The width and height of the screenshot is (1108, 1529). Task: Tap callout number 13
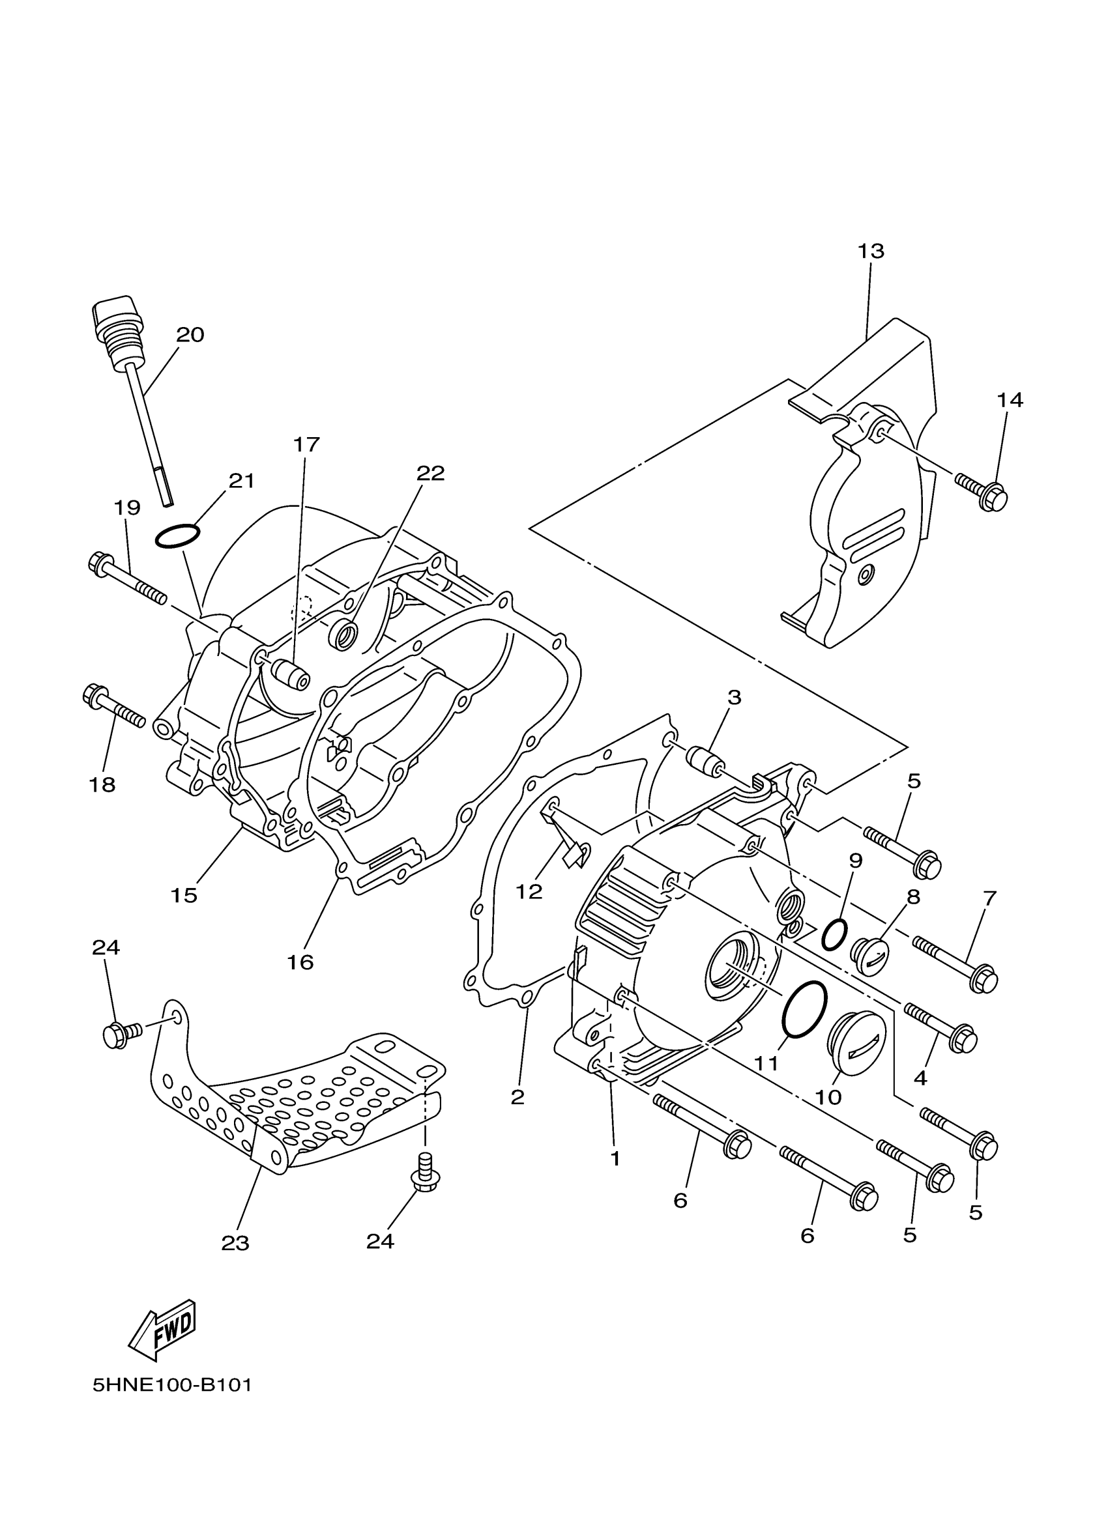pos(871,251)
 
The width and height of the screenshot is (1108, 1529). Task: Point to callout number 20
pos(190,335)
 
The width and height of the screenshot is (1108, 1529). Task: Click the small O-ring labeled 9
pos(833,934)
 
